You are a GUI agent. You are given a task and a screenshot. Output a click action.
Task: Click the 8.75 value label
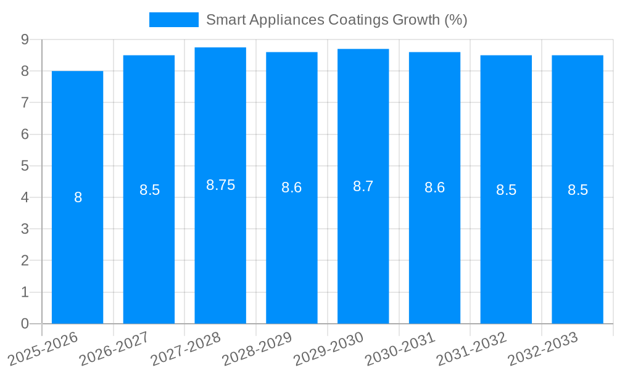coord(220,185)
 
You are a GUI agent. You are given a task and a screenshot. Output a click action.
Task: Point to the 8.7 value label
coord(363,186)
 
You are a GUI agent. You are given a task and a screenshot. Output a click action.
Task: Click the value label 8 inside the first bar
coord(78,197)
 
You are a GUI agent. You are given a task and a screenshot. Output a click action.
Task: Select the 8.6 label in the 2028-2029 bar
coord(291,187)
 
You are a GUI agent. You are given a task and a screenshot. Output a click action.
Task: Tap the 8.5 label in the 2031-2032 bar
coord(506,190)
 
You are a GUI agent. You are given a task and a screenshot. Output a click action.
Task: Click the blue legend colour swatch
coord(173,20)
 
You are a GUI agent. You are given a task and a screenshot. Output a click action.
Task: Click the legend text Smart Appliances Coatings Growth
coord(336,20)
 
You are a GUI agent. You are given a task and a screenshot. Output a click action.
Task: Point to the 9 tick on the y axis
coord(25,39)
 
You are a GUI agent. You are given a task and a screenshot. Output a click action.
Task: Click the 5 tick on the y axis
coord(25,166)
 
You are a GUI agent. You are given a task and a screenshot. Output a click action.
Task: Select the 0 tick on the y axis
coord(25,324)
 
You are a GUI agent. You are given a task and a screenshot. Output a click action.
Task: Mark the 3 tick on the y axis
coord(25,229)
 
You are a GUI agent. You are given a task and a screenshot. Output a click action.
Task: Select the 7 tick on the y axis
coord(25,102)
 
